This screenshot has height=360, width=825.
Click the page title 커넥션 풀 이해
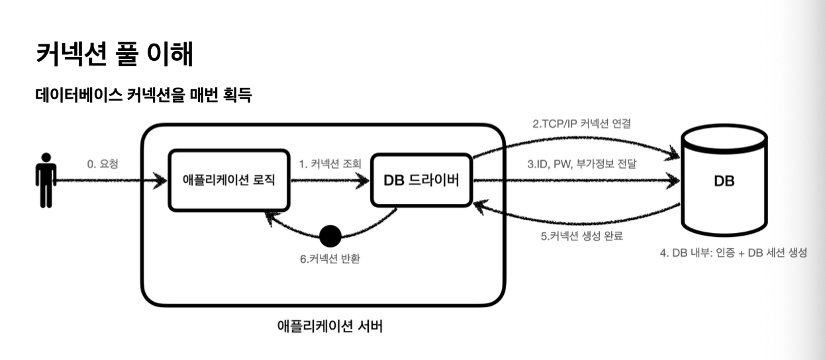114,54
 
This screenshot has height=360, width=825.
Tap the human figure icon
45,180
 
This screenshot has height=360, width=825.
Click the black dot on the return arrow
330,235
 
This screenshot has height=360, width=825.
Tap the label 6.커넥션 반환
330,258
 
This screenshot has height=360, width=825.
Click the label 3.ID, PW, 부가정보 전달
585,163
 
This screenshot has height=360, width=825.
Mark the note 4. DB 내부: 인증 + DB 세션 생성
733,253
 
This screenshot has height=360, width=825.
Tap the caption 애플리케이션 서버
329,326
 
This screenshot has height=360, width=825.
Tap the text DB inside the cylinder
724,181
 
